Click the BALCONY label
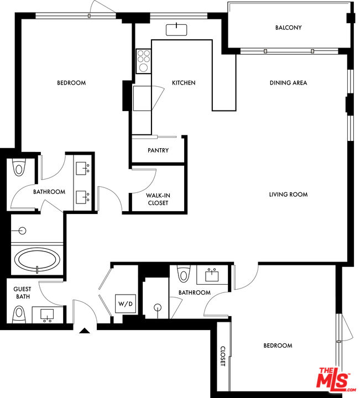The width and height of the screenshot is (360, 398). (289, 28)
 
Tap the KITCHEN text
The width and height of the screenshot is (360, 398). (184, 83)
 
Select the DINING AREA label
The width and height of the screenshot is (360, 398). (288, 83)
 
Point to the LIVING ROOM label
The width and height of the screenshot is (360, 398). (288, 195)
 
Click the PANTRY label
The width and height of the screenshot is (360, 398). (158, 150)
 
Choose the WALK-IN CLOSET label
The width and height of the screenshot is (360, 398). (158, 199)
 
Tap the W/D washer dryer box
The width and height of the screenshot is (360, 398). (126, 303)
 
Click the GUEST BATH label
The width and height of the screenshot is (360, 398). (23, 292)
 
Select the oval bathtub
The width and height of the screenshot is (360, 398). (37, 259)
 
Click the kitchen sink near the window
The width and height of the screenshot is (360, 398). (176, 30)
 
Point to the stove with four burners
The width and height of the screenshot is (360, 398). (143, 61)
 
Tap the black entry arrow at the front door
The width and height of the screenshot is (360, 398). (85, 331)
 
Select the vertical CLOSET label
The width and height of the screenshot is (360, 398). (223, 356)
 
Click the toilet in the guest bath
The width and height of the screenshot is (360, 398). (19, 315)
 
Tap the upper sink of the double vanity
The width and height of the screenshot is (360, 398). (82, 168)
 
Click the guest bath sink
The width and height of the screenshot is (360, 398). (47, 315)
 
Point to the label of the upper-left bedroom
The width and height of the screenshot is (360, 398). (71, 83)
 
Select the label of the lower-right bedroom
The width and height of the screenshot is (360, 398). (278, 345)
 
